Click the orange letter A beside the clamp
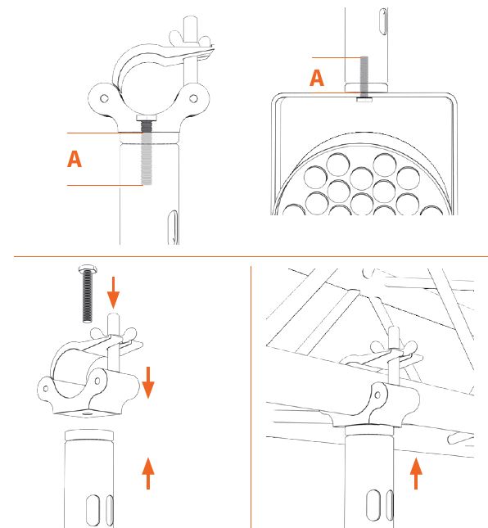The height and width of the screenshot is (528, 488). click(75, 159)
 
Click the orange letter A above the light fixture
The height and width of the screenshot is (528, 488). click(317, 78)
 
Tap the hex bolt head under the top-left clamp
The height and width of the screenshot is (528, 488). click(147, 118)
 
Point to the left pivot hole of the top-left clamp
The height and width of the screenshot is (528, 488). click(105, 98)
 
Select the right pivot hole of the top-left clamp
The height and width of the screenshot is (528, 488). click(193, 98)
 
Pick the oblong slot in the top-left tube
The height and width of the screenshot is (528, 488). click(173, 228)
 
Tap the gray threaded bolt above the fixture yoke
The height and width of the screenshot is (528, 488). click(364, 77)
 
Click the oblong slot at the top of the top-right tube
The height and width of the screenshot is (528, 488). click(383, 21)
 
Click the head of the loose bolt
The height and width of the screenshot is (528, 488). click(88, 269)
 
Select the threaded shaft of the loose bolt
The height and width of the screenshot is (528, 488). click(88, 296)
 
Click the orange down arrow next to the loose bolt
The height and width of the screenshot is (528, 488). click(113, 292)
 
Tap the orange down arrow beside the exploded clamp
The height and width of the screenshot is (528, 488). click(148, 382)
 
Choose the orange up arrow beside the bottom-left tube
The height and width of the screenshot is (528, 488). click(148, 473)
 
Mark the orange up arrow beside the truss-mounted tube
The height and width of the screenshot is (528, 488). click(416, 473)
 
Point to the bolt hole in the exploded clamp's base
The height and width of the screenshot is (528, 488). click(88, 413)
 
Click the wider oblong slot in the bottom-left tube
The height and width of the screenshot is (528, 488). click(93, 510)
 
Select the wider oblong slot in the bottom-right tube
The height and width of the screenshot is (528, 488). click(373, 505)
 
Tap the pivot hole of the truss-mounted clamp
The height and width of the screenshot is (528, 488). click(377, 395)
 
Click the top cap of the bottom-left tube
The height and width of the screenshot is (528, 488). click(89, 435)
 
